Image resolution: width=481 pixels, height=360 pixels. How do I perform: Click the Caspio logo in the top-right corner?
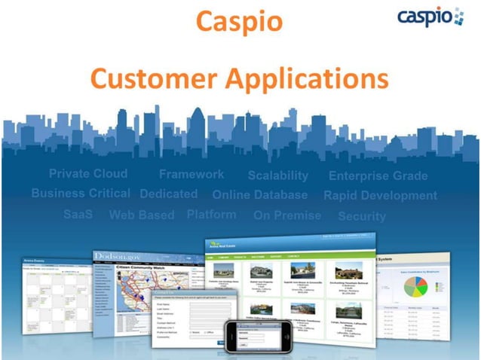click(x=430, y=17)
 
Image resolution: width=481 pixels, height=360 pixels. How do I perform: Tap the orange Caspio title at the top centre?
click(x=239, y=21)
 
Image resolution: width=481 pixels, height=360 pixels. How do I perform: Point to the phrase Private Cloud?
click(x=88, y=174)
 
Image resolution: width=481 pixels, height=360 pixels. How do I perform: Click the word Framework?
click(x=191, y=174)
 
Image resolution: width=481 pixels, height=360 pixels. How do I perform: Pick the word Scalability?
click(x=277, y=175)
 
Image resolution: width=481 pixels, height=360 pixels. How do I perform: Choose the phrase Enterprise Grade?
click(x=378, y=176)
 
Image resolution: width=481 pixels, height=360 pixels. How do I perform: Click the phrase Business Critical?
click(x=81, y=194)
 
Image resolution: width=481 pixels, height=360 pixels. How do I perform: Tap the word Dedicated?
click(x=169, y=194)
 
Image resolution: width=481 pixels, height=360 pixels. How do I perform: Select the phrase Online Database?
click(x=259, y=195)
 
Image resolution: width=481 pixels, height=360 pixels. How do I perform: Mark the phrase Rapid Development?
click(x=380, y=196)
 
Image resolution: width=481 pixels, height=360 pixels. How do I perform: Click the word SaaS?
click(x=78, y=215)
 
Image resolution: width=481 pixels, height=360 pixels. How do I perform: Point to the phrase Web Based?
click(x=142, y=215)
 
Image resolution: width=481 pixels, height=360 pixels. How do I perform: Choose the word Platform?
click(x=211, y=214)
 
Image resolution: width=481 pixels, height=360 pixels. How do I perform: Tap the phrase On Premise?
click(x=286, y=215)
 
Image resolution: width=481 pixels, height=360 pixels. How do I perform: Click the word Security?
click(x=361, y=216)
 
